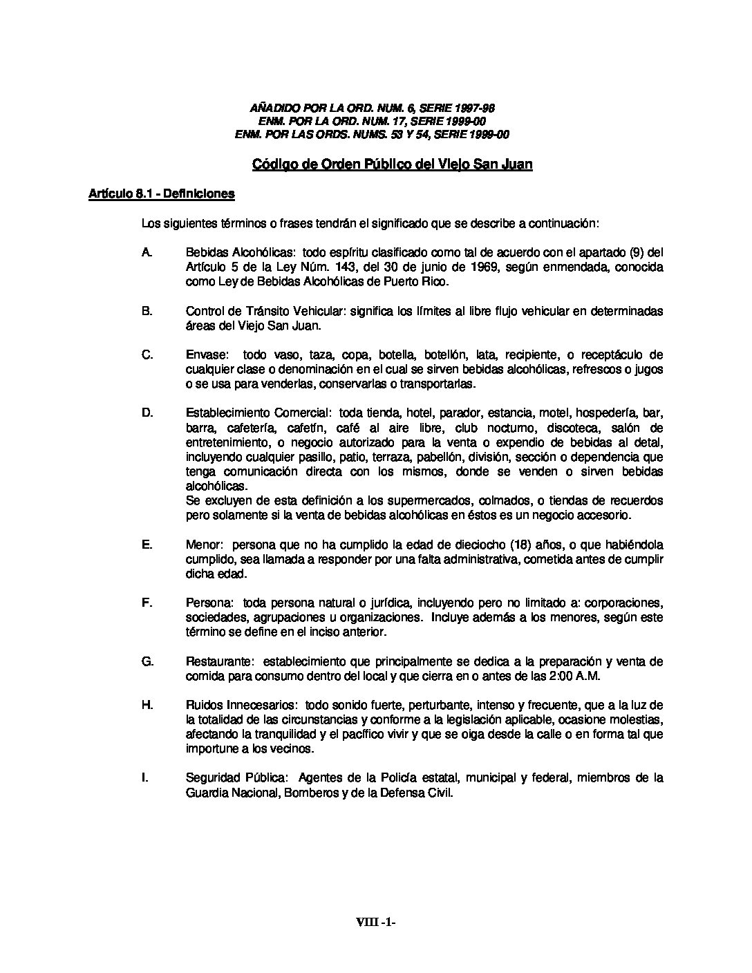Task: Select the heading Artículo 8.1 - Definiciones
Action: pyautogui.click(x=162, y=194)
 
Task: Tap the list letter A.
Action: pyautogui.click(x=147, y=252)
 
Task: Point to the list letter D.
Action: pyautogui.click(x=147, y=413)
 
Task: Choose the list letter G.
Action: pyautogui.click(x=147, y=661)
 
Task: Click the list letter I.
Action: pyautogui.click(x=145, y=778)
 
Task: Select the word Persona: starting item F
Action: pyautogui.click(x=209, y=603)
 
